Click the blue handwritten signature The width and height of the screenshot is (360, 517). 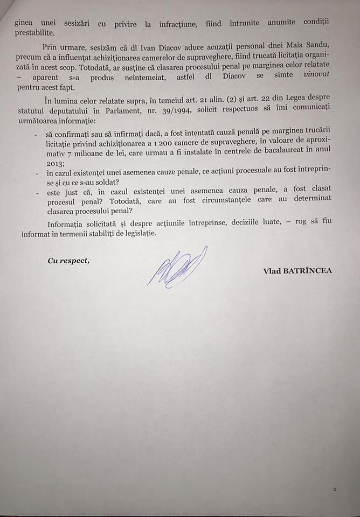(x=177, y=268)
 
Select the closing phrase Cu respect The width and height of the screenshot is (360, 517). (x=68, y=261)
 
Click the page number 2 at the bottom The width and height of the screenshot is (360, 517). (x=335, y=490)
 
